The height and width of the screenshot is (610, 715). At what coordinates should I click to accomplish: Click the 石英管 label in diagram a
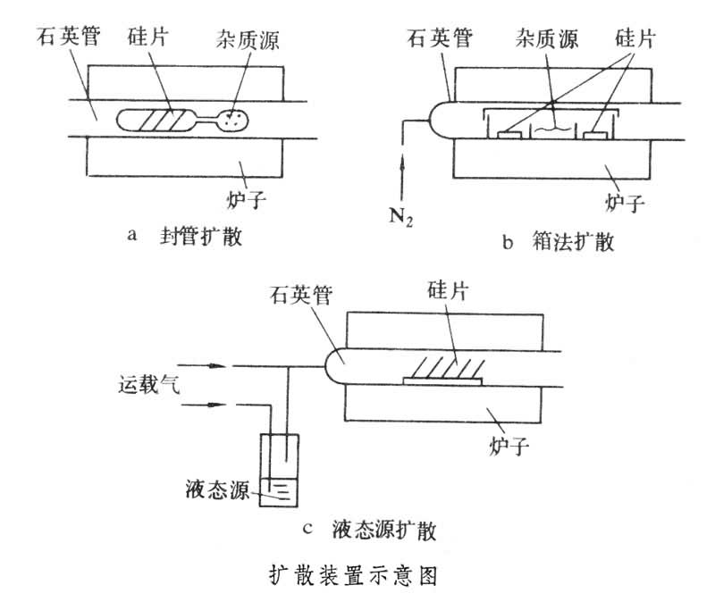coord(67,38)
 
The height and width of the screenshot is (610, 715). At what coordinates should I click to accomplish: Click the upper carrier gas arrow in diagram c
coord(200,364)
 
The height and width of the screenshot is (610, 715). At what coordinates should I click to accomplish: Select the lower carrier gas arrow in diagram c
coord(200,406)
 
